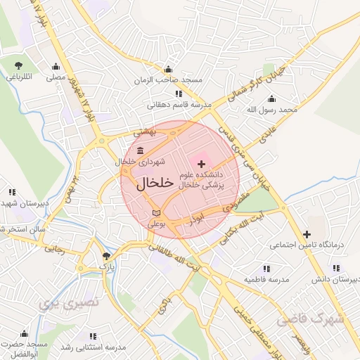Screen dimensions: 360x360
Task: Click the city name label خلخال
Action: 154,183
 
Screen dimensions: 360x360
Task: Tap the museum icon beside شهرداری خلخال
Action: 140,150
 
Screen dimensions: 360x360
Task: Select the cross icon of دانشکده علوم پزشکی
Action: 202,163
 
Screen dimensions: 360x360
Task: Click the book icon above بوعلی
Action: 155,212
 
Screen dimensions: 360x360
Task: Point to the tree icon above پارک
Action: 106,256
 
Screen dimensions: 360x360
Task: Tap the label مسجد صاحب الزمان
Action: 169,80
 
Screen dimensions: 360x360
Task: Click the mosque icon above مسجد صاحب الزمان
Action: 167,70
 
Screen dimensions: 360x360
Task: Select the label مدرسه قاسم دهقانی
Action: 179,105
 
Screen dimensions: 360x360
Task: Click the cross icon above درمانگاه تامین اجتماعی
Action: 307,234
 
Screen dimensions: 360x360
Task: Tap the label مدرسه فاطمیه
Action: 266,280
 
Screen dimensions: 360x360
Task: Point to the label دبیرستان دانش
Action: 336,280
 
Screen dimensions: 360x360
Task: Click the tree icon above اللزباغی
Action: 17,65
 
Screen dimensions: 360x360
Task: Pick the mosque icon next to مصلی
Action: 56,67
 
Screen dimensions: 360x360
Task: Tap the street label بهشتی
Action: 148,132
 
